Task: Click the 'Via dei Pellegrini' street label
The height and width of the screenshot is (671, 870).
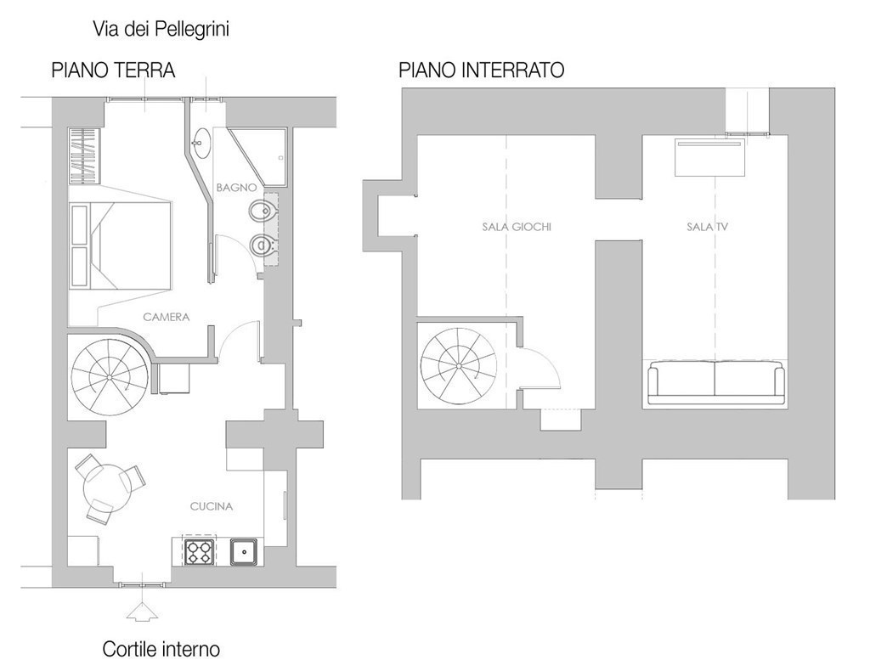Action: tap(161, 30)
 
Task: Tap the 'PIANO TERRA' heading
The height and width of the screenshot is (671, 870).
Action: tap(113, 70)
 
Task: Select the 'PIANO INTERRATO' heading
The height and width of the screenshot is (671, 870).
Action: tap(482, 70)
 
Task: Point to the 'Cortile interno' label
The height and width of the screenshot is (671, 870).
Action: tap(161, 649)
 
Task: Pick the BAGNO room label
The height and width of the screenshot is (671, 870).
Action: tap(236, 188)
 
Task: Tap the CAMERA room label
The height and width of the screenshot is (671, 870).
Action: tap(167, 317)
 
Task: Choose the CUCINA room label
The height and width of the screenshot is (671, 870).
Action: tap(212, 506)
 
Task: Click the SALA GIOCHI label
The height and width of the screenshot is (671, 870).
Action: tap(517, 227)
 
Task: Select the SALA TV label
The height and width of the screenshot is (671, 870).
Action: tap(708, 227)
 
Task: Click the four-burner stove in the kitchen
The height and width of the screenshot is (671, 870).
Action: tap(199, 551)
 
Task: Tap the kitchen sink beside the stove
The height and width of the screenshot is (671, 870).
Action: tap(244, 551)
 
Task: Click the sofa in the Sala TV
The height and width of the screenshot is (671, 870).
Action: tap(716, 382)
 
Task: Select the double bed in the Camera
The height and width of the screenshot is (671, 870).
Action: tap(120, 245)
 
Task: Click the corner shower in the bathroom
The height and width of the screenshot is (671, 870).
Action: tap(258, 156)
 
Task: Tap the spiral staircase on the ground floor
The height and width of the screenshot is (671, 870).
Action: tap(110, 377)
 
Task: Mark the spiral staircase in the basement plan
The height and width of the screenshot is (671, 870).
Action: tap(459, 367)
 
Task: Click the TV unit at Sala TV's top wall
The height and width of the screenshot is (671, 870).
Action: tap(709, 157)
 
